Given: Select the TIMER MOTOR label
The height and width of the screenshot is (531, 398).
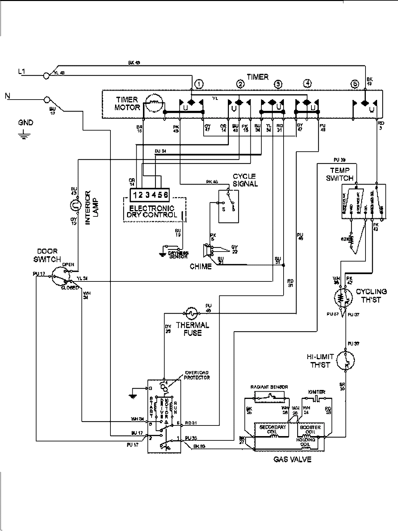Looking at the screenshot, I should point(127,104).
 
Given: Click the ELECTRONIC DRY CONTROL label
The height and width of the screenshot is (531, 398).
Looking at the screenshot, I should point(152,212).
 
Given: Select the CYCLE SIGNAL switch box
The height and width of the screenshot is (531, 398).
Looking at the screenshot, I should point(228,206).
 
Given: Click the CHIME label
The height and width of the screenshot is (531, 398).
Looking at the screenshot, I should point(201,266).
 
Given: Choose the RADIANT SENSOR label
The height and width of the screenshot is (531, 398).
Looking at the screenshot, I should point(269,387).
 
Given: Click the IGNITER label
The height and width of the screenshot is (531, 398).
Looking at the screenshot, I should point(316,392).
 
